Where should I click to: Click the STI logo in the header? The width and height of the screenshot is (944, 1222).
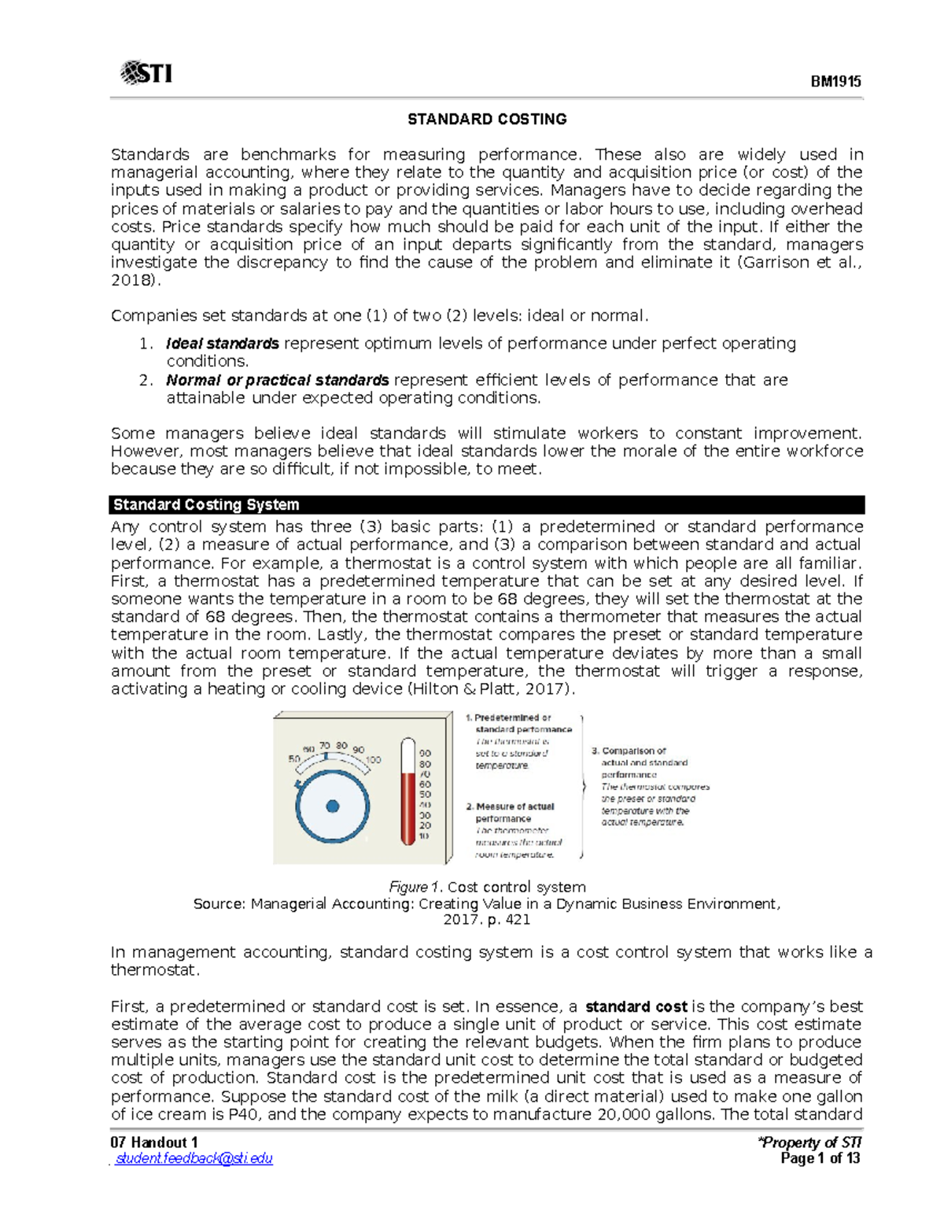coord(146,73)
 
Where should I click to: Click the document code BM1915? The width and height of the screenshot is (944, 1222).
coord(836,82)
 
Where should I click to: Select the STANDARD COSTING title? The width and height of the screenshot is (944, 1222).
coord(486,120)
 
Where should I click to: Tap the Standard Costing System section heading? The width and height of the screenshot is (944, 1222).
coord(206,505)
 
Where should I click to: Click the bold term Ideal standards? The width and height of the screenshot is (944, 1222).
coord(223,344)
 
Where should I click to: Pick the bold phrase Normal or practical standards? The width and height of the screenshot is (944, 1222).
coord(277,380)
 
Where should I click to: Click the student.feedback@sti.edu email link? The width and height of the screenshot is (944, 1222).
coord(194,1158)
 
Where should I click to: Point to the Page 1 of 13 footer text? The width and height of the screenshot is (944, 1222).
coord(820,1158)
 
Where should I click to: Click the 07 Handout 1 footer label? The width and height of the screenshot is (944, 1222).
coord(154,1143)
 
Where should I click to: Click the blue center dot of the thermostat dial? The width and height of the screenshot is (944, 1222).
coord(332,806)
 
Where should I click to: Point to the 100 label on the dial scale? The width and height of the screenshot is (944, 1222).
coord(373,759)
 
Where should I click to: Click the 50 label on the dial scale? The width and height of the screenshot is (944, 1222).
coord(294,759)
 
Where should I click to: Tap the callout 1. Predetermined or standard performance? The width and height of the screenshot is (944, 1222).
coord(518,724)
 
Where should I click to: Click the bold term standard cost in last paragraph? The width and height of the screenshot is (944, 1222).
coord(636,1006)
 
